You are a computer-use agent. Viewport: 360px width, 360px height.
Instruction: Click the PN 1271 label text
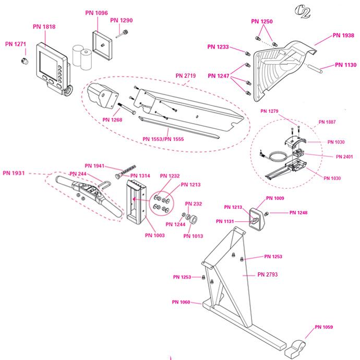tap(16, 44)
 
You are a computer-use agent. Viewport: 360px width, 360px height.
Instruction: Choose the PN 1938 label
tap(343, 37)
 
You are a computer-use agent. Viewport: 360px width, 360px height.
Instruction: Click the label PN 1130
tap(343, 65)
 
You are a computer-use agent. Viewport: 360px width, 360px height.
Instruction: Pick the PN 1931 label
tap(14, 173)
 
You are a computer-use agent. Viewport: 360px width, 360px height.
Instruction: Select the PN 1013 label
tap(195, 236)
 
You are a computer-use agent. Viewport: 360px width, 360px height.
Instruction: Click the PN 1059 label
tap(323, 328)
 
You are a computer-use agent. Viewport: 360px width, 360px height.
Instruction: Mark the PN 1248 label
tap(300, 213)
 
